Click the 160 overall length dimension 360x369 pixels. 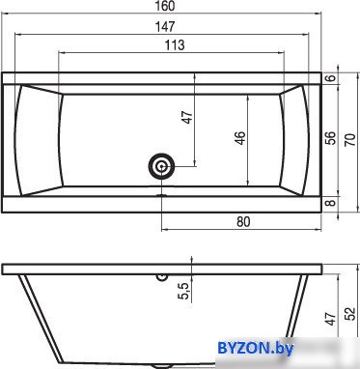(x=166, y=6)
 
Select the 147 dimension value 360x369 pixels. (x=165, y=26)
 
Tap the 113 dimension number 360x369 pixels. (x=175, y=45)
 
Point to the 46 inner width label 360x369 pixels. (x=240, y=138)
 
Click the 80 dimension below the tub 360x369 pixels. (x=243, y=222)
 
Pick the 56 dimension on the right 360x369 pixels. (x=331, y=138)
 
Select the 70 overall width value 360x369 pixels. (x=351, y=139)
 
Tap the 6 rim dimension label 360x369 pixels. (x=332, y=78)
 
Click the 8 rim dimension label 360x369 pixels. (x=332, y=203)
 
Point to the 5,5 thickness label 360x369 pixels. (x=184, y=290)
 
